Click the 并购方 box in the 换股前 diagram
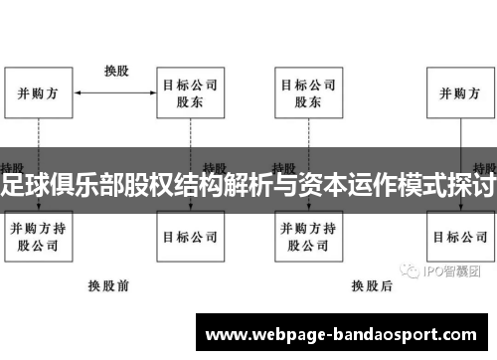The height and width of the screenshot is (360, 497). (39, 93)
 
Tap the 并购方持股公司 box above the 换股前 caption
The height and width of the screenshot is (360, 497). (39, 237)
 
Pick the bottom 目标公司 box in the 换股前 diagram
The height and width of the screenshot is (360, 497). (190, 237)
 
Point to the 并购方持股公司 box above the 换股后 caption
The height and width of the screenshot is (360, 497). (307, 237)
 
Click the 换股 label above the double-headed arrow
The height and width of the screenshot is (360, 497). (116, 71)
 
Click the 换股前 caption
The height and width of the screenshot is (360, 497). (108, 284)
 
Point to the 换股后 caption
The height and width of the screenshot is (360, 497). (374, 284)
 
